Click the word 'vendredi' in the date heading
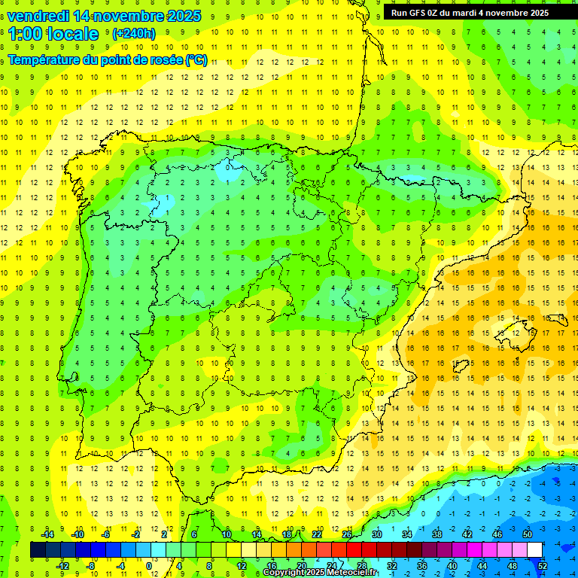38,15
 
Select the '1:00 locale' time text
53,34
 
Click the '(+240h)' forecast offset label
133,34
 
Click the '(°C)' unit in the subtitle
196,59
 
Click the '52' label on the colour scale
542,565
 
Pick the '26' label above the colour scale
347,534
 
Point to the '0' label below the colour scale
149,565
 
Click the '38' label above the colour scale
437,534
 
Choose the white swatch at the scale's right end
534,550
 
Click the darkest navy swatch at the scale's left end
38,550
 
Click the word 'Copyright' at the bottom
284,573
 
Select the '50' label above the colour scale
528,534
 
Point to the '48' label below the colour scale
513,565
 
